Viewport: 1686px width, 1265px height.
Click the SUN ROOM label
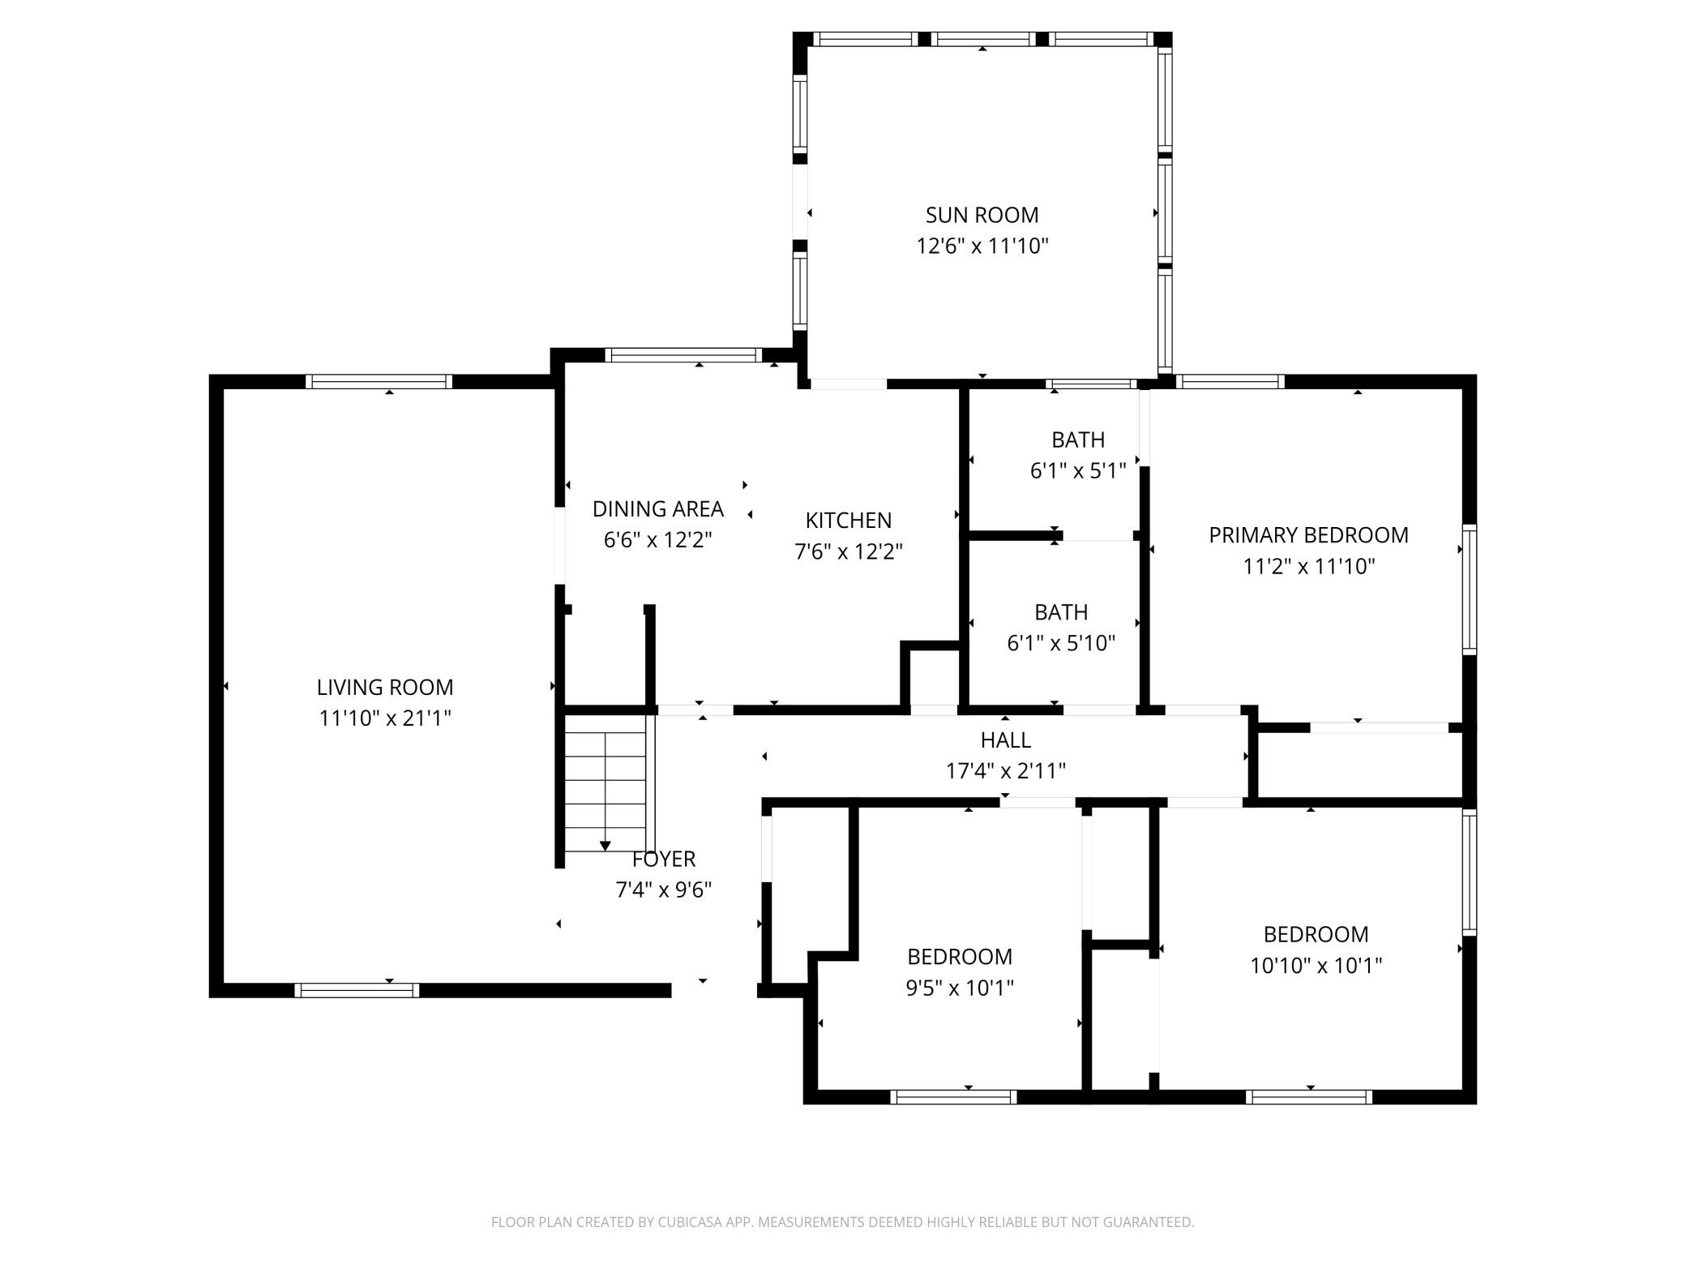[x=982, y=215]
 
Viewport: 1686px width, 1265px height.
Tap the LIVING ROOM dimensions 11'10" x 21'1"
[x=385, y=718]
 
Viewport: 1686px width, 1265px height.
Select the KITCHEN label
[x=848, y=521]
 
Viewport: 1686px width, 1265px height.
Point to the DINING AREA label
[x=657, y=509]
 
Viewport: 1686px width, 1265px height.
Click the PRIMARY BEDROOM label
[x=1308, y=535]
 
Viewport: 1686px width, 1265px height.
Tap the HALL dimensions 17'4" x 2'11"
[x=1005, y=771]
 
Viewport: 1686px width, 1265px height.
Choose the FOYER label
[x=664, y=859]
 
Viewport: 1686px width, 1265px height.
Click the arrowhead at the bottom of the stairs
[x=605, y=846]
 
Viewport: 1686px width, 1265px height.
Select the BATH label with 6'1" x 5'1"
[x=1078, y=440]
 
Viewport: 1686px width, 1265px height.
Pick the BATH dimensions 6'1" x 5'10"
[x=1061, y=643]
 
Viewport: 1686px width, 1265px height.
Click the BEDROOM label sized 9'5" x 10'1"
[x=960, y=957]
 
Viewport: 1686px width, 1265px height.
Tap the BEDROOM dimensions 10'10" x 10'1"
[x=1316, y=966]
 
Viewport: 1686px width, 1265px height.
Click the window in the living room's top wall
[x=379, y=382]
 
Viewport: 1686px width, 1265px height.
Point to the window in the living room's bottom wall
[x=357, y=990]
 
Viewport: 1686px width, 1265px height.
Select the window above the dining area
[x=683, y=355]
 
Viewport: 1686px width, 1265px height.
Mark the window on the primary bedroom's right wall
[x=1470, y=590]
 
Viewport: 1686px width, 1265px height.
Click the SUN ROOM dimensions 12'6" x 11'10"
[x=982, y=247]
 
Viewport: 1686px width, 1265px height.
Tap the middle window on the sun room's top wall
[x=983, y=39]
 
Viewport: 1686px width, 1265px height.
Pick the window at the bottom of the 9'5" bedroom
[x=953, y=1097]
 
